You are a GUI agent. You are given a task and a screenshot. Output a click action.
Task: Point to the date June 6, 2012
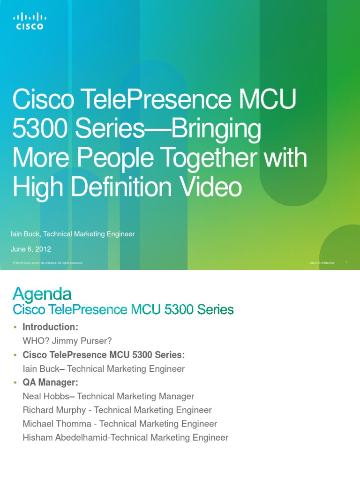point(31,249)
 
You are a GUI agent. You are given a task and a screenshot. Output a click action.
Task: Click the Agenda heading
point(42,294)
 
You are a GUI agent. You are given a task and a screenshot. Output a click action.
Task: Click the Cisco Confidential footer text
point(322,263)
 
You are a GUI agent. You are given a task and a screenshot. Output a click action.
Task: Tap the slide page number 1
point(346,262)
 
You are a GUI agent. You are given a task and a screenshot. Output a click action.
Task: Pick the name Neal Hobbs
point(42,397)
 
